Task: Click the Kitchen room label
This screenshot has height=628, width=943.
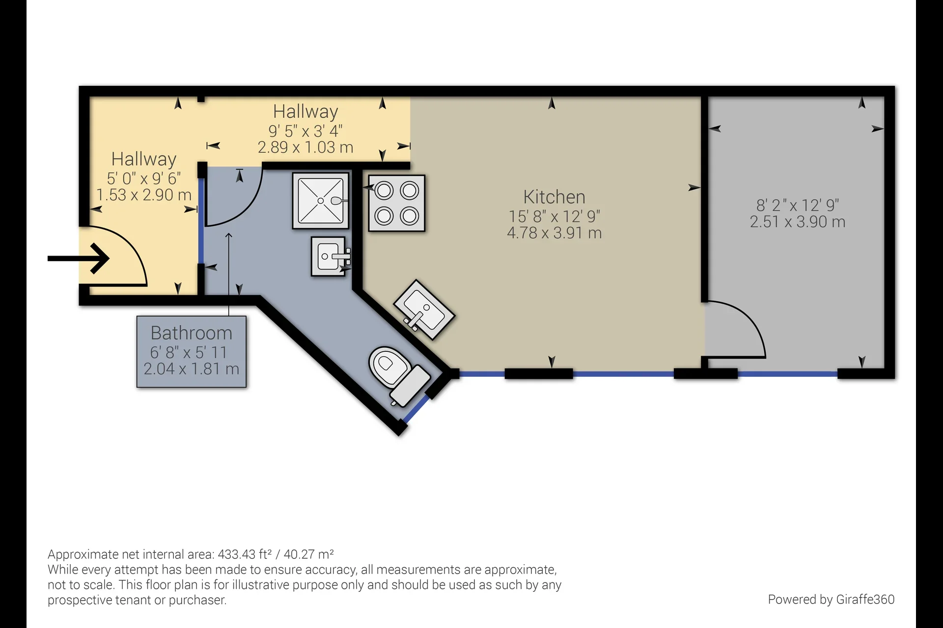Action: tap(554, 197)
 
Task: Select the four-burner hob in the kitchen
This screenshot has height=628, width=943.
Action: tap(397, 203)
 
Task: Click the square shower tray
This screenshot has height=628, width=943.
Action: tap(321, 200)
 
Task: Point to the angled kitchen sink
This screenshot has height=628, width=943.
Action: tap(424, 309)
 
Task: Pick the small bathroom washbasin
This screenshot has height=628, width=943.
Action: tap(330, 256)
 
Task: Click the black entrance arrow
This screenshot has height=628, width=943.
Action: tap(79, 258)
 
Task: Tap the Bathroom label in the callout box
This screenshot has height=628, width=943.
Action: tap(191, 333)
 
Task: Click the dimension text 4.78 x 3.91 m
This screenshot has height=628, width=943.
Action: tap(554, 233)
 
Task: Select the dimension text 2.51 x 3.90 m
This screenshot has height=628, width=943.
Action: tap(798, 222)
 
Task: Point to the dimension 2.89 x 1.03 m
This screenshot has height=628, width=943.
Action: tap(305, 147)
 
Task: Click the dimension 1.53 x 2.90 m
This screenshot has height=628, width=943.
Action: tap(144, 195)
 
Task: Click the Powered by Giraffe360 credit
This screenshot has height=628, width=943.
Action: tap(831, 600)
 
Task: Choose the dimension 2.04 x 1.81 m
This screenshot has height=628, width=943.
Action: tap(191, 368)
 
